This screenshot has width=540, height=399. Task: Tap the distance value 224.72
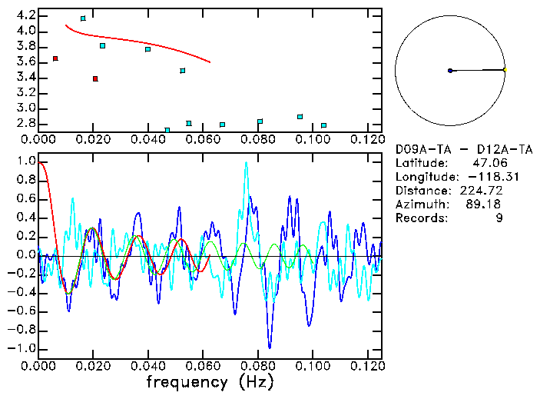click(x=492, y=191)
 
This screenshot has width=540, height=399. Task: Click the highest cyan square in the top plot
click(x=83, y=18)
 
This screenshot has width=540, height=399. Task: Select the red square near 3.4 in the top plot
click(x=95, y=78)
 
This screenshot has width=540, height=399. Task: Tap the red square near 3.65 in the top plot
click(x=55, y=58)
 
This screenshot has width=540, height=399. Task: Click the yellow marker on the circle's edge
click(x=505, y=70)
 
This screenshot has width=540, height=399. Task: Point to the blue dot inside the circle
click(x=450, y=71)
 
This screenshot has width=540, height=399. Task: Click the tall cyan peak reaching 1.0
click(x=246, y=162)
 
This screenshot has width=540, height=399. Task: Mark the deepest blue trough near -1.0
click(x=269, y=347)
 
